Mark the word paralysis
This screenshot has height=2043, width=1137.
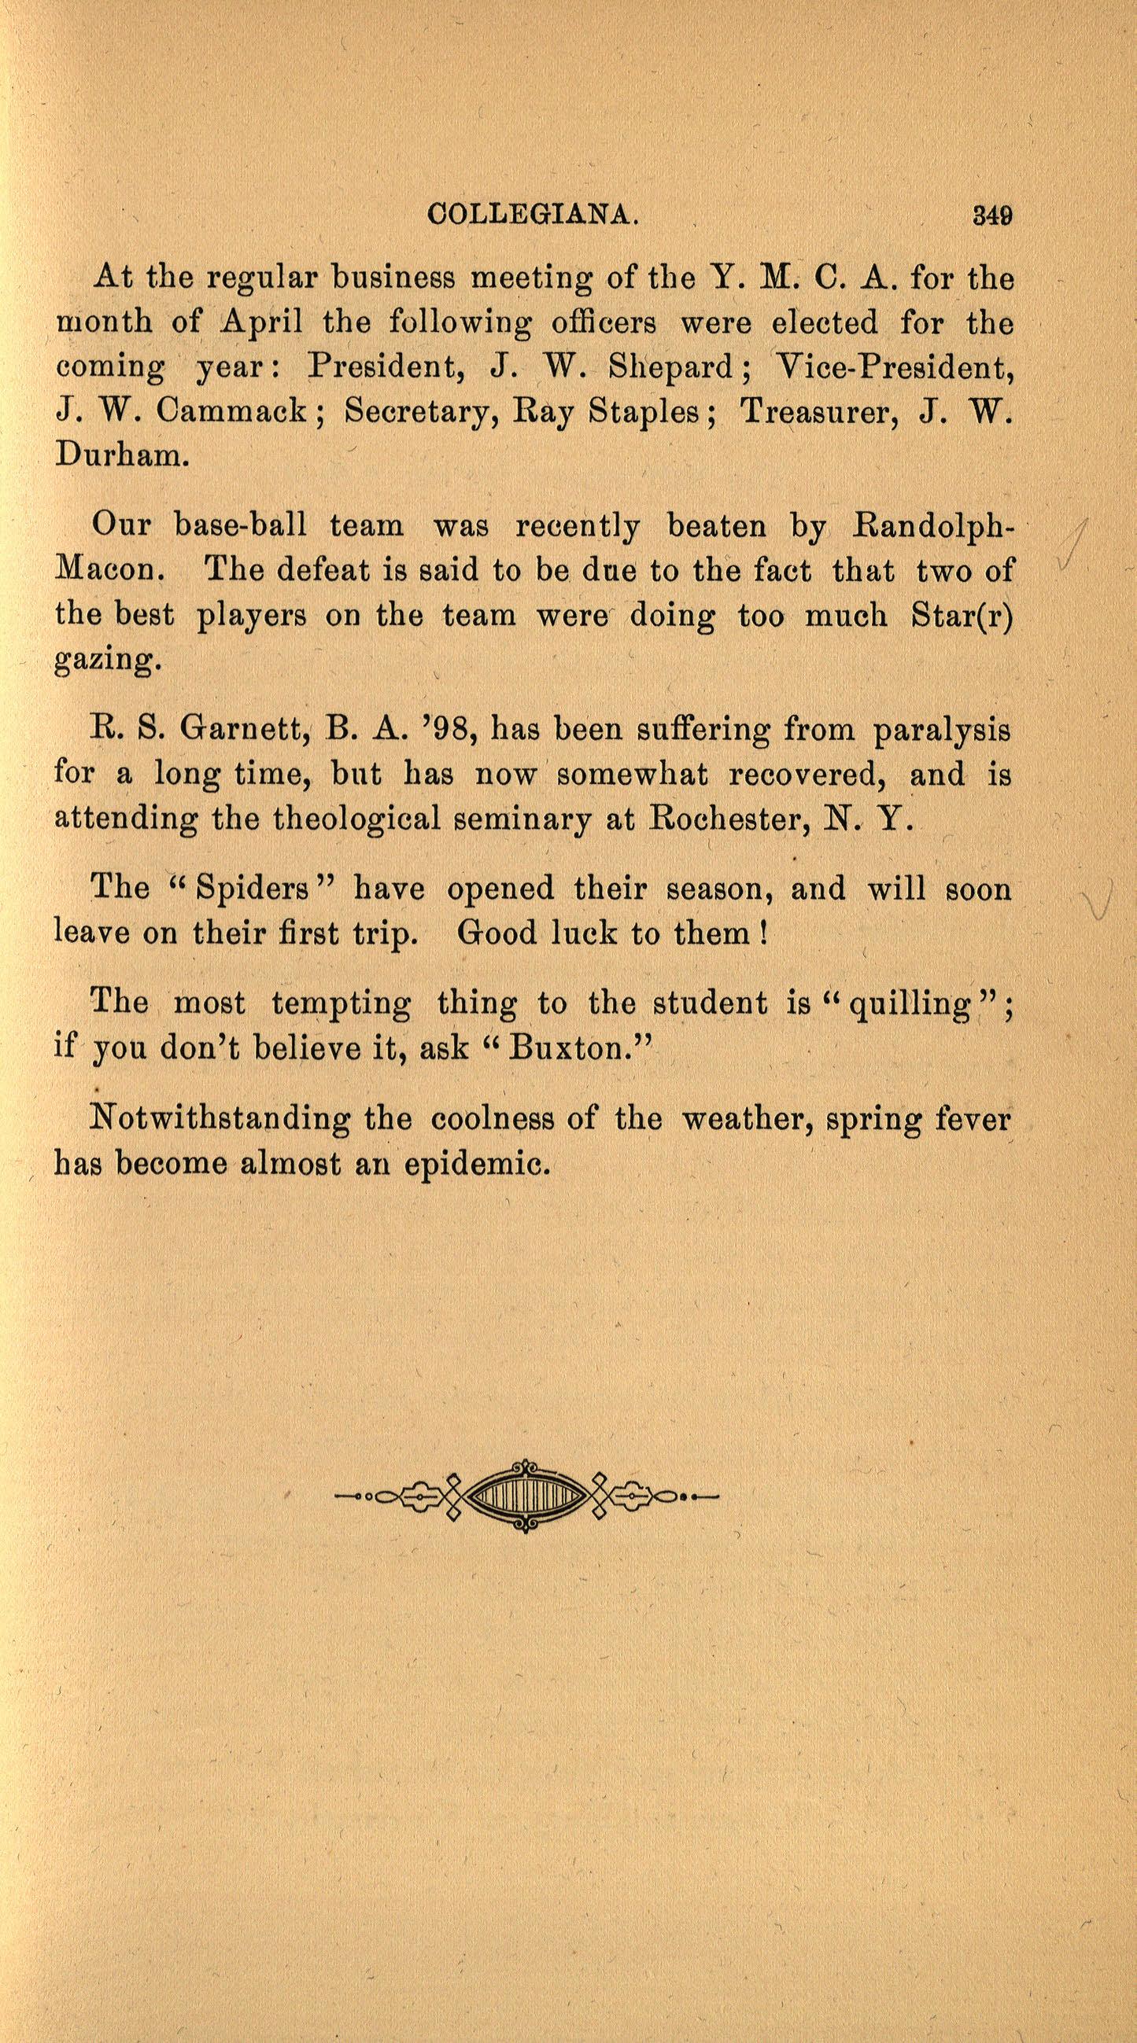(942, 730)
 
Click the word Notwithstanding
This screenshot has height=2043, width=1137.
(220, 1118)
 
